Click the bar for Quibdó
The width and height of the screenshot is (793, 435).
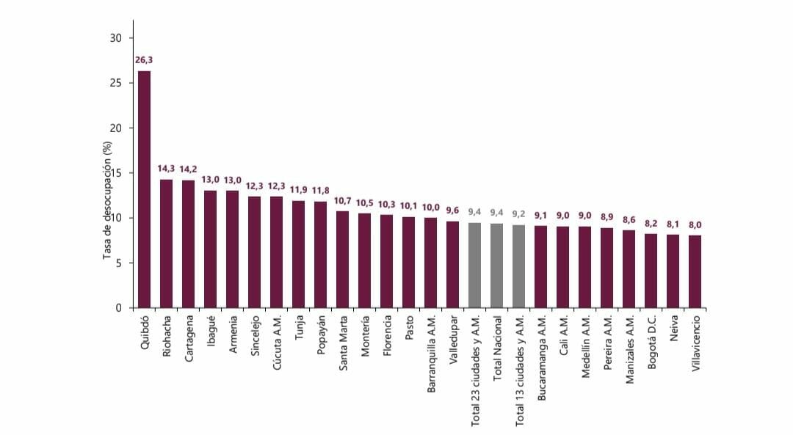point(145,189)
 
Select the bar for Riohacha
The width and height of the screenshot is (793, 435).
point(167,244)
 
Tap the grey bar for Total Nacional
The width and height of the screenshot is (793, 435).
point(497,266)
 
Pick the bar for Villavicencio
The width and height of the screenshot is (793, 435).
point(695,271)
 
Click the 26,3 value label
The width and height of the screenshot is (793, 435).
point(144,60)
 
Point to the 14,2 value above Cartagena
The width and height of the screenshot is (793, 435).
point(189,169)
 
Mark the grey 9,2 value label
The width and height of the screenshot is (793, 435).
point(519,214)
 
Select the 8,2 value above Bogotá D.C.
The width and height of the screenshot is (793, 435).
point(651,224)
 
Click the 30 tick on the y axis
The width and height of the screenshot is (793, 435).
point(116,37)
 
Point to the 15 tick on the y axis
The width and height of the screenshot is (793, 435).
point(116,173)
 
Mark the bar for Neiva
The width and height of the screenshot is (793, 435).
point(673,271)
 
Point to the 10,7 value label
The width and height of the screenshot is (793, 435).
point(343,200)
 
